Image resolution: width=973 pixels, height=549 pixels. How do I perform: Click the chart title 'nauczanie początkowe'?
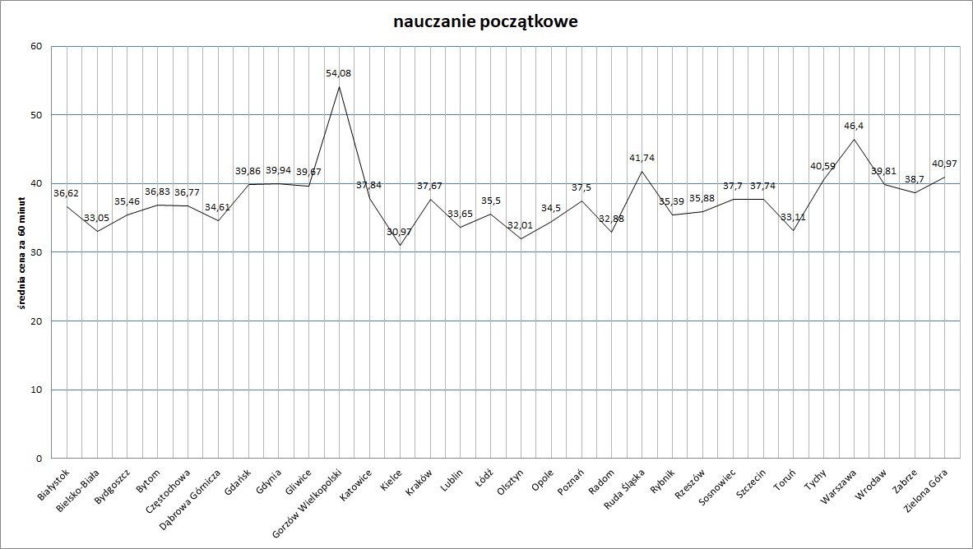click(x=485, y=22)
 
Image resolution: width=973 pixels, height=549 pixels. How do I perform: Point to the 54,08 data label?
click(x=339, y=73)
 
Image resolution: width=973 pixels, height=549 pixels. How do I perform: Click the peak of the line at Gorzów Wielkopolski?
click(x=339, y=86)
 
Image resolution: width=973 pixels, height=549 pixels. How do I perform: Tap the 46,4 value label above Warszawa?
click(x=854, y=127)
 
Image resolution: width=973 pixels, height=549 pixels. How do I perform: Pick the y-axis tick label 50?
click(x=36, y=114)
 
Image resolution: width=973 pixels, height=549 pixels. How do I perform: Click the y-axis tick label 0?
click(x=39, y=458)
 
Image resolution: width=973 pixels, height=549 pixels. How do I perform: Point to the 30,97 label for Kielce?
click(x=400, y=232)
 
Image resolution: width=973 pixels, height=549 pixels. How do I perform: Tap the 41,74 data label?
click(x=642, y=157)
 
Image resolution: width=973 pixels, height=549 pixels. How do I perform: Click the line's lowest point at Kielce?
click(x=400, y=245)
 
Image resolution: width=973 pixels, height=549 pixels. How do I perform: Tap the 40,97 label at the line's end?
click(x=943, y=164)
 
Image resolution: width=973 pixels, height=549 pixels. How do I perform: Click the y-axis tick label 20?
click(x=36, y=321)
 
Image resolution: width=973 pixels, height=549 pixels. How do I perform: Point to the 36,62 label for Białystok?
click(x=67, y=194)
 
